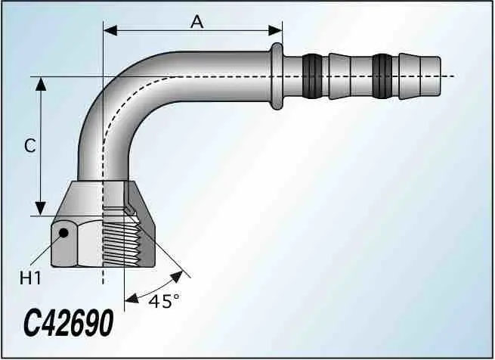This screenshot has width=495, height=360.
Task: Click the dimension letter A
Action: click(197, 22)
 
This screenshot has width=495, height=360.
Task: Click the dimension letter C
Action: click(30, 146)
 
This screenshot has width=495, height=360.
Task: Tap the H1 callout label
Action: click(30, 278)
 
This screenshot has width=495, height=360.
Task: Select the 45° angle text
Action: click(165, 300)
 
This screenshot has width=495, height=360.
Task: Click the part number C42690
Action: click(69, 322)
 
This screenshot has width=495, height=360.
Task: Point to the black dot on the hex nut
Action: click(63, 233)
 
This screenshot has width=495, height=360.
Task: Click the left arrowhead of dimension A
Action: click(110, 31)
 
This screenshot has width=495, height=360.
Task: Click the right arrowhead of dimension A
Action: click(275, 31)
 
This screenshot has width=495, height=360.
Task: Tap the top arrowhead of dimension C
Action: click(41, 84)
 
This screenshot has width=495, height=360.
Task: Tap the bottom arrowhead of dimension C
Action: click(40, 209)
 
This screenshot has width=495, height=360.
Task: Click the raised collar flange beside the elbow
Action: click(277, 76)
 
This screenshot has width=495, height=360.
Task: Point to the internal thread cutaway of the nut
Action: click(121, 242)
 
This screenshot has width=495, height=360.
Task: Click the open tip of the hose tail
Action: click(435, 76)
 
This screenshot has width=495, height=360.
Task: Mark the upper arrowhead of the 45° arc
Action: click(177, 276)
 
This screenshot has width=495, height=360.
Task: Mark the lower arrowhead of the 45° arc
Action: click(131, 298)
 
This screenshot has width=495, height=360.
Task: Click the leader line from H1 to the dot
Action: click(45, 250)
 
